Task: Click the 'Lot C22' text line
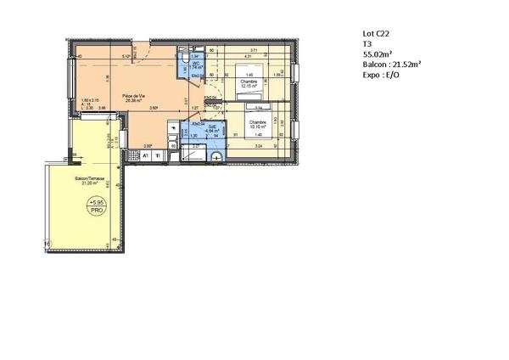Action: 378,34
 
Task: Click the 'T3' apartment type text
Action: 367,44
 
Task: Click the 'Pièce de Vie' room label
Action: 135,94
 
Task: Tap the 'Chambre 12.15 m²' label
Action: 249,84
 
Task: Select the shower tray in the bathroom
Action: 198,154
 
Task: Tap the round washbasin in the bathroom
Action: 218,156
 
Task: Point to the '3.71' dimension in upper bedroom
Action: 253,51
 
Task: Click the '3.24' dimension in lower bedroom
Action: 257,147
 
